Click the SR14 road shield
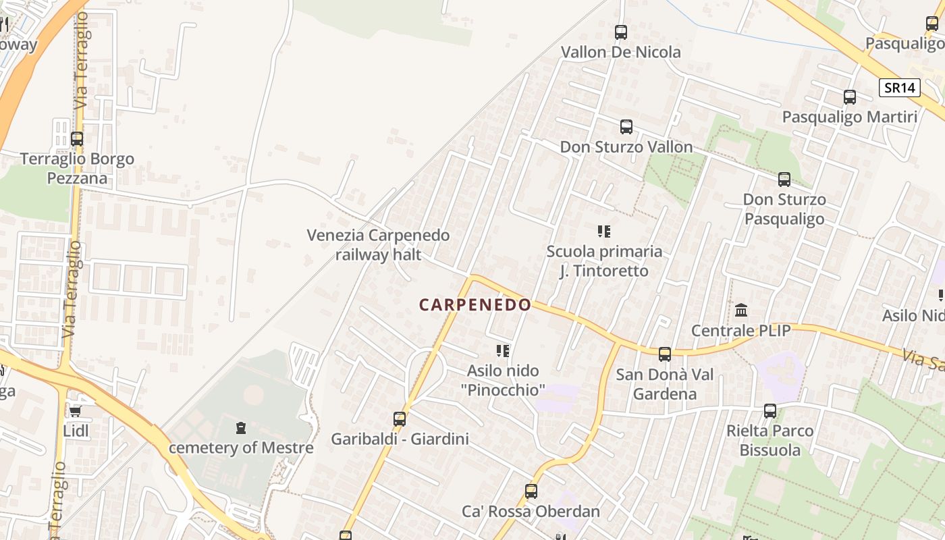(900, 87)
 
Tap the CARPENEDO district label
(475, 305)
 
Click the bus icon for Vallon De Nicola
(621, 32)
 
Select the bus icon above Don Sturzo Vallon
(626, 126)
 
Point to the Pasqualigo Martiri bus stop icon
(850, 97)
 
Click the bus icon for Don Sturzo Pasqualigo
(784, 180)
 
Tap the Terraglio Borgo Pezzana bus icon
(77, 139)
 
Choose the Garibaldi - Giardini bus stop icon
(400, 419)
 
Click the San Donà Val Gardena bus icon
(665, 354)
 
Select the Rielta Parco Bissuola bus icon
(770, 410)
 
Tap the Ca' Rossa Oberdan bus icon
(531, 491)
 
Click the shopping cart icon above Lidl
(76, 411)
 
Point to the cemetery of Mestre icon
(241, 427)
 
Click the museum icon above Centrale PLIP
(741, 310)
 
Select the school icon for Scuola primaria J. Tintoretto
(604, 232)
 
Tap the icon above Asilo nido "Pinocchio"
(503, 350)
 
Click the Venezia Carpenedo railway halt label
(378, 245)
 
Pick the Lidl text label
(76, 431)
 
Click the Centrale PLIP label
(740, 331)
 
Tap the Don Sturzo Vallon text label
(626, 147)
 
